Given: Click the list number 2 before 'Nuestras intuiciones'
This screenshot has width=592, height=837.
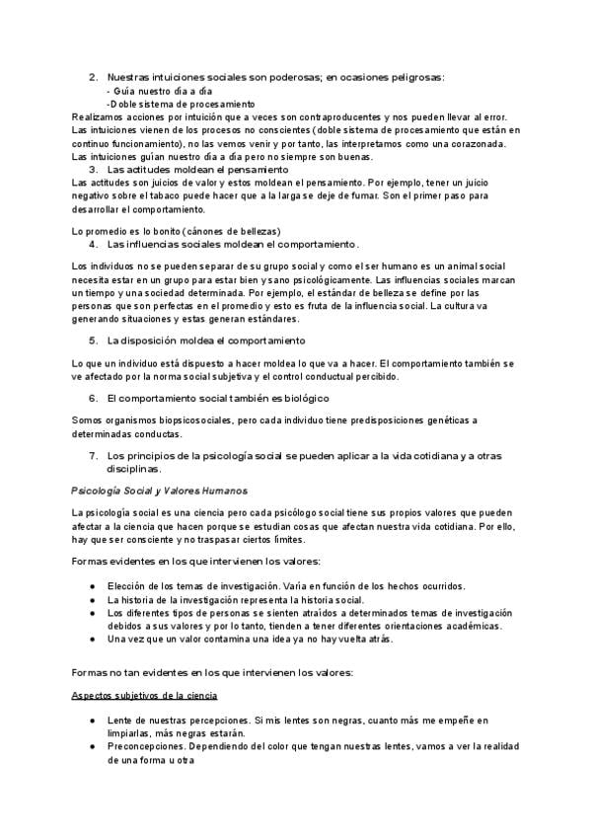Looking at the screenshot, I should (94, 78).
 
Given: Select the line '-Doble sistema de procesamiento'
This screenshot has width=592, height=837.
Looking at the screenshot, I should (181, 104).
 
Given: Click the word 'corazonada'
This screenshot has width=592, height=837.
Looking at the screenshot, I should (475, 143).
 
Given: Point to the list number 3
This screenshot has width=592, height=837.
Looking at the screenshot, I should (94, 169).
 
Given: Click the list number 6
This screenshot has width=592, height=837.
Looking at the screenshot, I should (94, 398).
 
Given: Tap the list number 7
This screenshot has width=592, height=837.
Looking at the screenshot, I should (94, 455).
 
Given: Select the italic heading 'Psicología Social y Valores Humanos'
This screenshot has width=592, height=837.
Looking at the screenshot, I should (160, 491).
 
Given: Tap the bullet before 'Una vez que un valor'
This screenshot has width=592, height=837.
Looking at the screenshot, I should (92, 639).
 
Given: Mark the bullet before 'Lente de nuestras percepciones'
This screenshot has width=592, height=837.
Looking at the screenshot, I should (92, 721).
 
